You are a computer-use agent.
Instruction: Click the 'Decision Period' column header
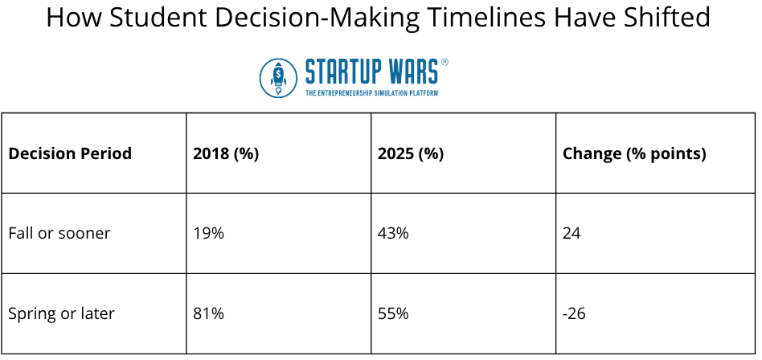tap(70, 153)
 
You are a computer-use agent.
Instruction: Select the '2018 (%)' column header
tap(226, 153)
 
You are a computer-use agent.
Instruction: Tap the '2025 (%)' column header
tap(411, 153)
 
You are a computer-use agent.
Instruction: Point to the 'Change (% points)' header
tap(634, 153)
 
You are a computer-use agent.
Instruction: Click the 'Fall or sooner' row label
tap(59, 233)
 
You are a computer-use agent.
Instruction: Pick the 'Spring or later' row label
tap(62, 313)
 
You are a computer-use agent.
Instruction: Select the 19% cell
tap(208, 233)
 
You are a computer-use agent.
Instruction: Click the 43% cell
tap(393, 233)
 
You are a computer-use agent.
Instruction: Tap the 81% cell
tap(208, 313)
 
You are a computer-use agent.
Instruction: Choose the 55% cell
tap(393, 313)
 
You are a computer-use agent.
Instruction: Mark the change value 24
tap(571, 233)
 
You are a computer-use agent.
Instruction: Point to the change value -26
tap(574, 313)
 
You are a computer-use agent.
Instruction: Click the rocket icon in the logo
tap(279, 77)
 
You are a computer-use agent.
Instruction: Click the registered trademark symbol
tap(445, 62)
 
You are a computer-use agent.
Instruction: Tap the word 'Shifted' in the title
tap(672, 18)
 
